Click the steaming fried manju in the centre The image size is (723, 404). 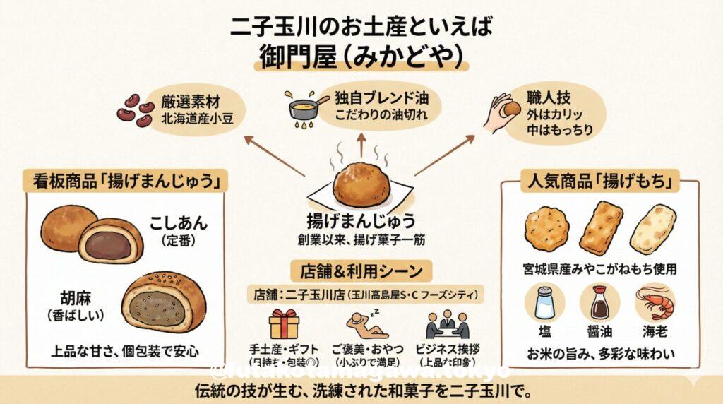pyautogui.click(x=361, y=183)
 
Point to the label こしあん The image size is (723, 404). pyautogui.click(x=179, y=223)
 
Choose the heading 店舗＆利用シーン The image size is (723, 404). pyautogui.click(x=361, y=271)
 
